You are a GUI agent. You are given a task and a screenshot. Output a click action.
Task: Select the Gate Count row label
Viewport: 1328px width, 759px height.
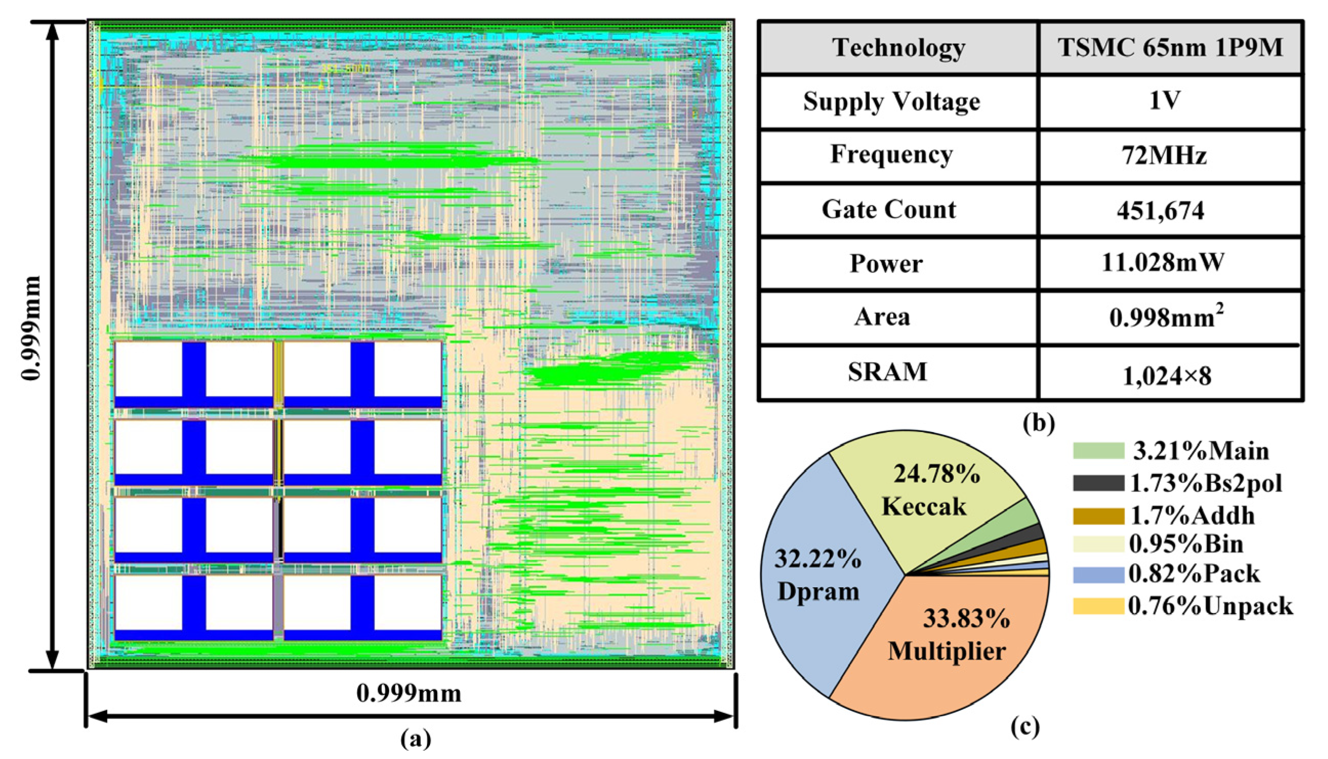(889, 210)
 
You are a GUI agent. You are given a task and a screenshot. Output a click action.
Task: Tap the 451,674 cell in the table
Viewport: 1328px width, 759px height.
(1160, 211)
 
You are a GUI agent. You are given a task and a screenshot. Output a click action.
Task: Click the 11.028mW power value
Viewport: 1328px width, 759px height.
(1162, 263)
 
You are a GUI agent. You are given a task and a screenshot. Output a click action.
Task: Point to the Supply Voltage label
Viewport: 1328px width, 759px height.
(891, 101)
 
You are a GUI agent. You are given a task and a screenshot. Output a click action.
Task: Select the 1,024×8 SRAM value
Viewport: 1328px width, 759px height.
(1167, 375)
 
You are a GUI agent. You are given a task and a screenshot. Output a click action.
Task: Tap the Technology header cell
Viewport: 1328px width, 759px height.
(898, 48)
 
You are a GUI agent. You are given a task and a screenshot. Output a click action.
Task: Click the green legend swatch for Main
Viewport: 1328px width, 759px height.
(1098, 451)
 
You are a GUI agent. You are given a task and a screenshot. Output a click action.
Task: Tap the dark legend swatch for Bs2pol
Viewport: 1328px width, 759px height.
(1098, 483)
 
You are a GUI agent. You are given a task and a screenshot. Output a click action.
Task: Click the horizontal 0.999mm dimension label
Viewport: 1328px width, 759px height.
(409, 694)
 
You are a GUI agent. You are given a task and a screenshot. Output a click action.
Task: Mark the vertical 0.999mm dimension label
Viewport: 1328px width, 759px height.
(31, 329)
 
